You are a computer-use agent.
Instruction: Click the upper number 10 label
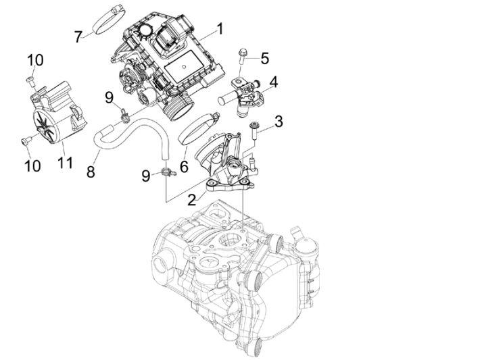coord(35,60)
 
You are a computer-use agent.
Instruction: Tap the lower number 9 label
coord(146,176)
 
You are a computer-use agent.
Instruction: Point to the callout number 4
coord(273,83)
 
